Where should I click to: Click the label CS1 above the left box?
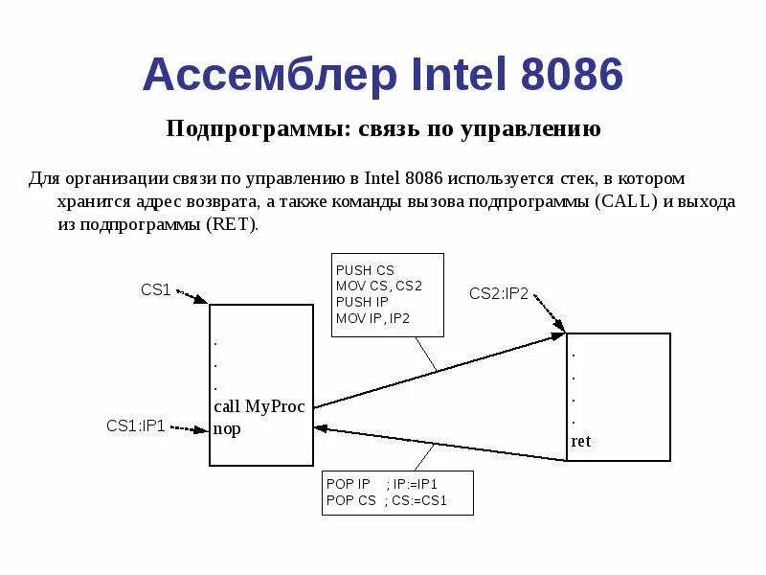[155, 290]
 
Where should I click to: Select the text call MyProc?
[259, 406]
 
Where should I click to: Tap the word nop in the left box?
[227, 428]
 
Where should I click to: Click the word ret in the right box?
[581, 441]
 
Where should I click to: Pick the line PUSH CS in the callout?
[365, 270]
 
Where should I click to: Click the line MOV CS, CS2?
[379, 286]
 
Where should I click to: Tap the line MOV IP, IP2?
[372, 317]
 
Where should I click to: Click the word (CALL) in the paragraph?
[626, 202]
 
